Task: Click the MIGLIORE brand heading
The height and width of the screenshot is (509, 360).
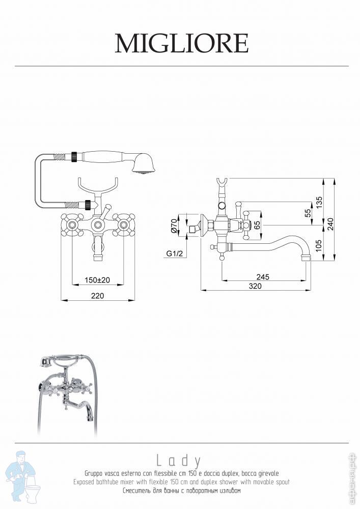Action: pyautogui.click(x=182, y=43)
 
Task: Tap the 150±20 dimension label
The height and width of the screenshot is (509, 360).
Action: pyautogui.click(x=97, y=280)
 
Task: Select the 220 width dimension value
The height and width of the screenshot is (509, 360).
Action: pyautogui.click(x=97, y=295)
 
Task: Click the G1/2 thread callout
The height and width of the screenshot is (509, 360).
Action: pyautogui.click(x=175, y=253)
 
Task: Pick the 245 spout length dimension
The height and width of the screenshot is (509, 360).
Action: pyautogui.click(x=263, y=277)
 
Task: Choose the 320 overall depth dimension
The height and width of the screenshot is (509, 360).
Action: pyautogui.click(x=255, y=286)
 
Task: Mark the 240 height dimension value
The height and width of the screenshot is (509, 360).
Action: pyautogui.click(x=330, y=224)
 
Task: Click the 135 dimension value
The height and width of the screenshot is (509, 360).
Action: pyautogui.click(x=319, y=203)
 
